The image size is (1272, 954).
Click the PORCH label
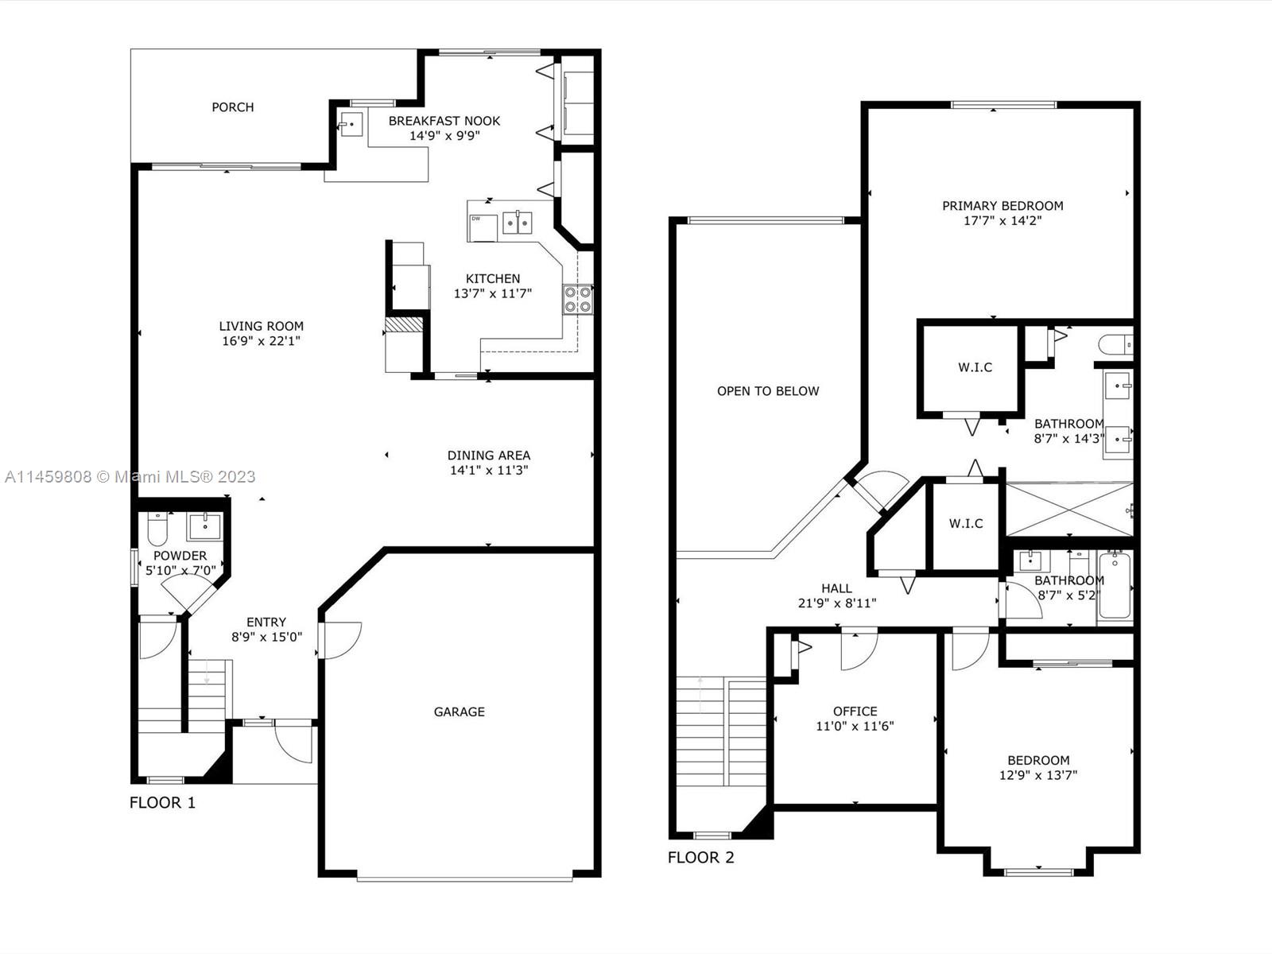pyautogui.click(x=232, y=107)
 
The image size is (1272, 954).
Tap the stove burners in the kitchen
pyautogui.click(x=578, y=300)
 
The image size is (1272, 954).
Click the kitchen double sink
pyautogui.click(x=518, y=223)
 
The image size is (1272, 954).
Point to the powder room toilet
pyautogui.click(x=157, y=529)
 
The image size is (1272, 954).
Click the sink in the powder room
pyautogui.click(x=205, y=526)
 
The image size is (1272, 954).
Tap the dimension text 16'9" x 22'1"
pyautogui.click(x=261, y=341)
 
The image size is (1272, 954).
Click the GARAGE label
pyautogui.click(x=459, y=712)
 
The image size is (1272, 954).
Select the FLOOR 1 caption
pyautogui.click(x=162, y=803)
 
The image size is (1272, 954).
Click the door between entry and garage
pyautogui.click(x=340, y=640)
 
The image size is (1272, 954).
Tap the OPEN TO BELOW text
pyautogui.click(x=767, y=391)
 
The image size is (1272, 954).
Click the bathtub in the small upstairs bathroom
pyautogui.click(x=1114, y=586)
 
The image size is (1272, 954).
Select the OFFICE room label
pyautogui.click(x=855, y=712)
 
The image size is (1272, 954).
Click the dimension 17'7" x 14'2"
pyautogui.click(x=1002, y=221)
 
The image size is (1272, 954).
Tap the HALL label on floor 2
pyautogui.click(x=836, y=588)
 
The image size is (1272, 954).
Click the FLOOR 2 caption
pyautogui.click(x=700, y=858)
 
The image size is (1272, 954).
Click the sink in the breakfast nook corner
pyautogui.click(x=351, y=124)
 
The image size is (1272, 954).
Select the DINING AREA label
pyautogui.click(x=488, y=456)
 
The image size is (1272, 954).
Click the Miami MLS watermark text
pyautogui.click(x=130, y=477)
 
